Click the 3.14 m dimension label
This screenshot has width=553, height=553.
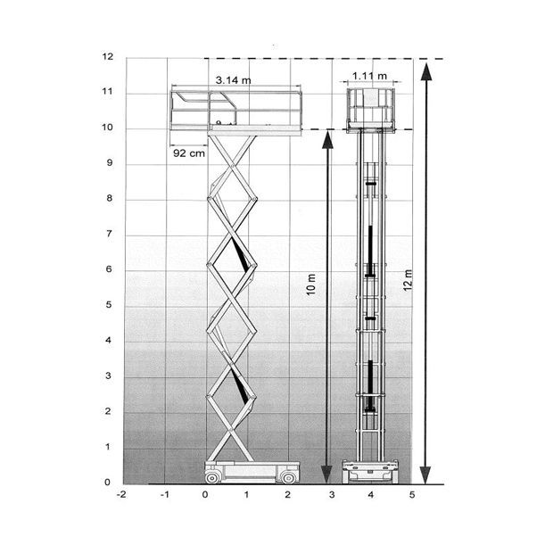click(233, 80)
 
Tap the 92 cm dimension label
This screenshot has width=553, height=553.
click(189, 153)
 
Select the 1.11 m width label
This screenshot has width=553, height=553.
click(369, 76)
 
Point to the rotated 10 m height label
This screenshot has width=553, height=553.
click(310, 285)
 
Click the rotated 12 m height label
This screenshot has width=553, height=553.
click(408, 280)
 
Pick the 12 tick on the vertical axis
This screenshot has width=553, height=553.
click(108, 56)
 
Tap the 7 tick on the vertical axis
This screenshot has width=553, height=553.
click(110, 234)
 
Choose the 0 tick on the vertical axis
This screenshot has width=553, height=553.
click(108, 483)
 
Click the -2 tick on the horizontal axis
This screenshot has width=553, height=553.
click(121, 494)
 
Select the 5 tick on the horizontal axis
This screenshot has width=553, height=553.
click(412, 494)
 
